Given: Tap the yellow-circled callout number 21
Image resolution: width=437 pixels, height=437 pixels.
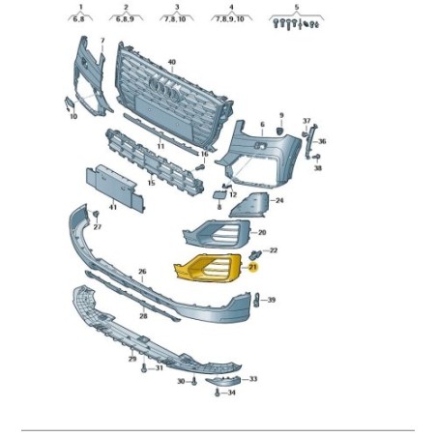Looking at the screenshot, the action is pos(253,267).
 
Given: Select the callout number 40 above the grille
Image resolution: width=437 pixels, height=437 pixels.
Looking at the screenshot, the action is pos(172,62).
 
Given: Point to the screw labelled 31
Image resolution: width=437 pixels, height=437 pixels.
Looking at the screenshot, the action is pos(144,368).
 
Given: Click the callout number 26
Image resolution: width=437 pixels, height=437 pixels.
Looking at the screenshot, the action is pos(142,272).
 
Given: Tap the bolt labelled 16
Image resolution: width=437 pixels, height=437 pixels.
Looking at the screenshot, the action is pos(200,167).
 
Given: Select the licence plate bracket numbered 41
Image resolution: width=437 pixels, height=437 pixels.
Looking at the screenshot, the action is pos(115,188).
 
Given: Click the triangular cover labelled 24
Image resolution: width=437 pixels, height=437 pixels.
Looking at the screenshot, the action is pos(250,205).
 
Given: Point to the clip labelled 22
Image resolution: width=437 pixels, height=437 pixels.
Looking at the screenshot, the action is pos(255,254).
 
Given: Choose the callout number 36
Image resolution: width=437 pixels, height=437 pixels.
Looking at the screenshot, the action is pos(322,141).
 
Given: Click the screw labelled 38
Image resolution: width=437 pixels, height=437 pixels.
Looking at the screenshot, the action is pos(316,157).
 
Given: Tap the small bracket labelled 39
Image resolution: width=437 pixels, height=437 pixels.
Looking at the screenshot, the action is pos(257,300).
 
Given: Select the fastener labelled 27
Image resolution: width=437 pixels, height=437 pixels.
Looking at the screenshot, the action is pos(96,215).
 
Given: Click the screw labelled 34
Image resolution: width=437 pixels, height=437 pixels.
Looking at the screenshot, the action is pos(218,393).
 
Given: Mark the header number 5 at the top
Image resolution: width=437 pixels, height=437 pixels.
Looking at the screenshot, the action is pos(297,7).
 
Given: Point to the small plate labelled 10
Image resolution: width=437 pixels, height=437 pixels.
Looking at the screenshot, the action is pos(70,103).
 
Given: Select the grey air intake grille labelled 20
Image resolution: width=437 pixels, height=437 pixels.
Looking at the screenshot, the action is pos(217,235).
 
